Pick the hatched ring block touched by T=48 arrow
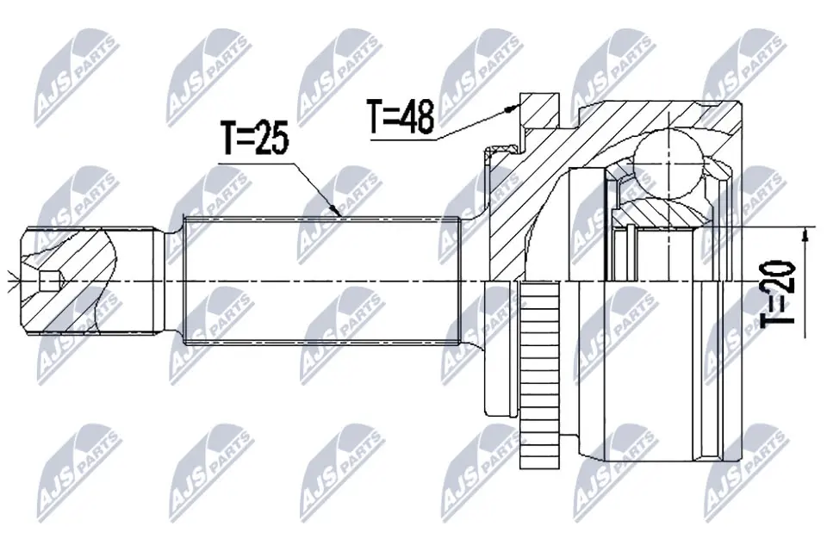[x=538, y=112]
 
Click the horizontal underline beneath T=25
[x=258, y=160]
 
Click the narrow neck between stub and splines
[x=173, y=280]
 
